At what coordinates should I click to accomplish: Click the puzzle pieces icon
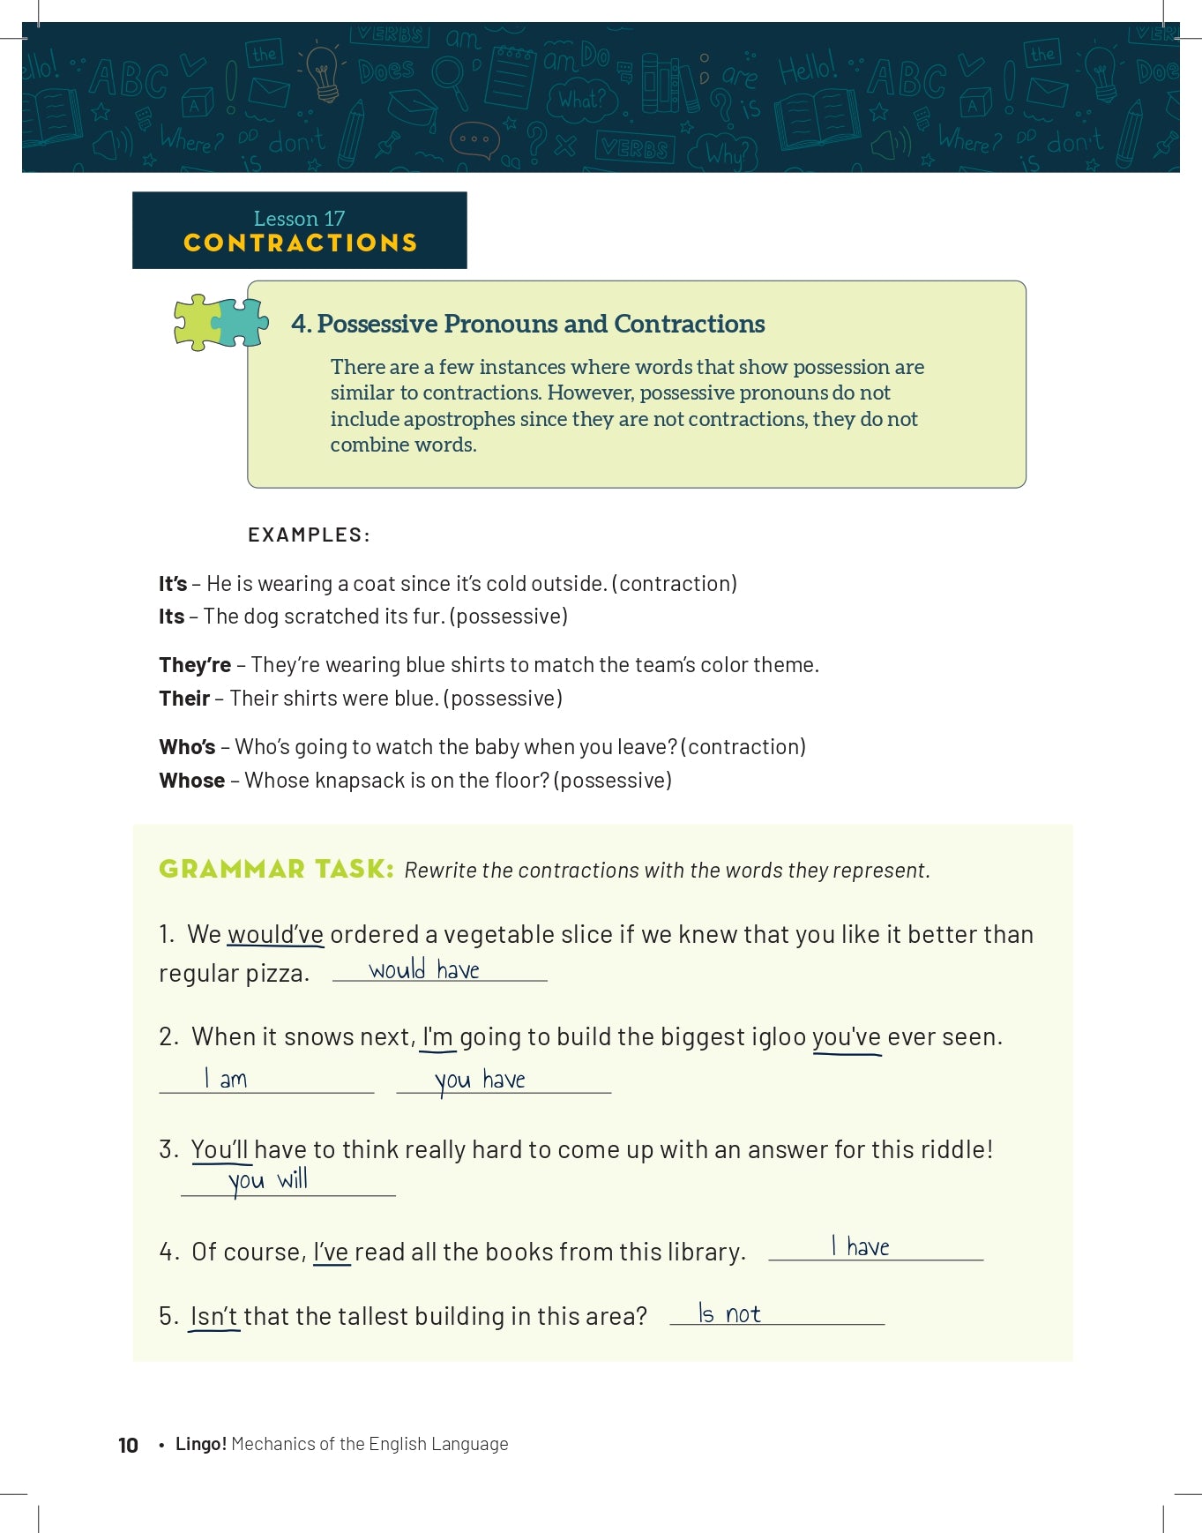[x=220, y=322]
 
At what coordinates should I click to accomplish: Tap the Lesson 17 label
[x=299, y=219]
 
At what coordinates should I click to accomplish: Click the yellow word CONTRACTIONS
[x=300, y=243]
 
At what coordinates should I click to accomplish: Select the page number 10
[x=128, y=1445]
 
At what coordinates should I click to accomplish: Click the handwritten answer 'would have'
[x=424, y=970]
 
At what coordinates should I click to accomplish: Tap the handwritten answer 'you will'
[x=268, y=1180]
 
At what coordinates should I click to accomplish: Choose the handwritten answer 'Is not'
[x=729, y=1314]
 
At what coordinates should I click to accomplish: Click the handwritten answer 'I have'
[x=861, y=1247]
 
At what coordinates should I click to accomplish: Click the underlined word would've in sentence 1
[x=275, y=935]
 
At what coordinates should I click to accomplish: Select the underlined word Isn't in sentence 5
[x=214, y=1317]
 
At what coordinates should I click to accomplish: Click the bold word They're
[x=195, y=665]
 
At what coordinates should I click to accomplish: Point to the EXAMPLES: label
[x=309, y=535]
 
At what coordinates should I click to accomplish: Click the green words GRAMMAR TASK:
[x=276, y=870]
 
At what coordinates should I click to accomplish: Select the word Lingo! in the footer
[x=201, y=1444]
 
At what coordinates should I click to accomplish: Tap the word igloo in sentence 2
[x=779, y=1037]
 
